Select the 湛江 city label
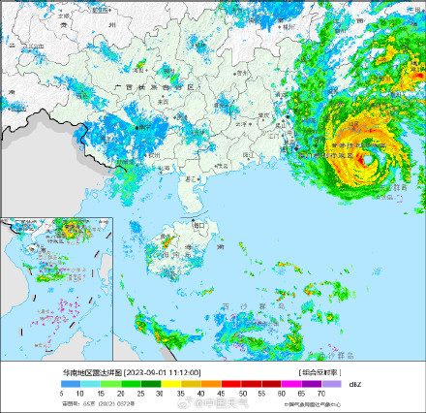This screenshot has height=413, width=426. [x=192, y=178]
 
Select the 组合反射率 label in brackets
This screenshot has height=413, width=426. [x=316, y=372]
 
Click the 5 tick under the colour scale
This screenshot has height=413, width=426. [x=61, y=394]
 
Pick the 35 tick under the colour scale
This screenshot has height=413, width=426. [x=181, y=394]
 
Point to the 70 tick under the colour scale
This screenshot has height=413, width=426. [x=321, y=394]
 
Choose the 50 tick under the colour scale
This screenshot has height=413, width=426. [x=241, y=394]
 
